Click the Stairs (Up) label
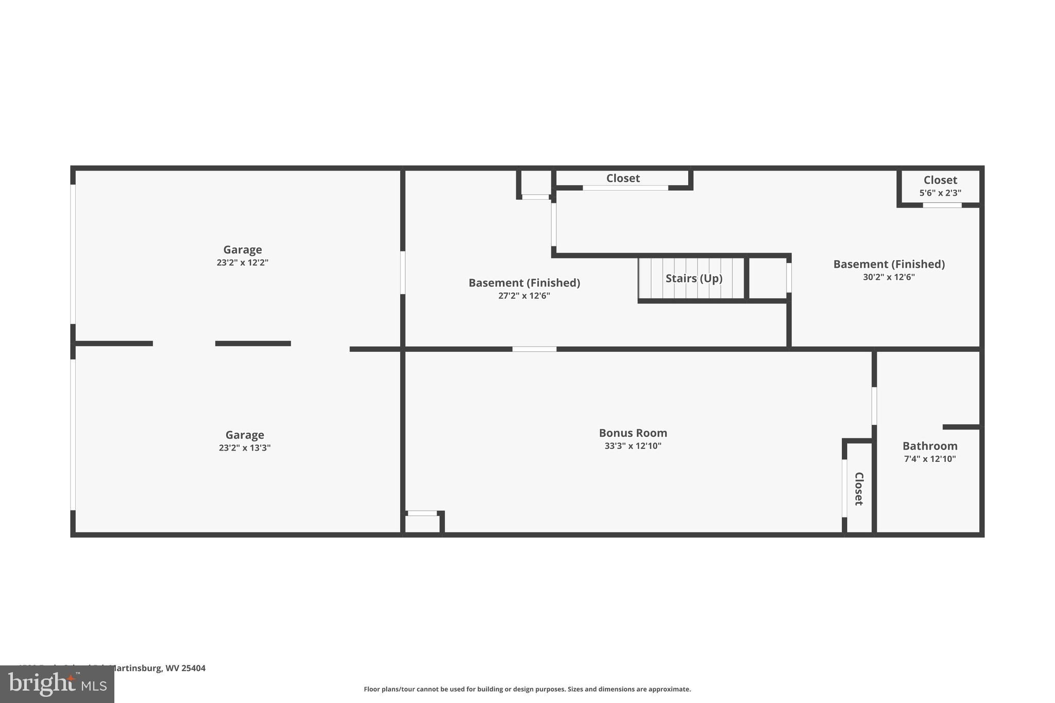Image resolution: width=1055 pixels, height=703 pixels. click(x=693, y=279)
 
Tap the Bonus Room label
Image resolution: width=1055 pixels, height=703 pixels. click(x=633, y=433)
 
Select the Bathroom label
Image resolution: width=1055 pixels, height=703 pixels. click(x=929, y=446)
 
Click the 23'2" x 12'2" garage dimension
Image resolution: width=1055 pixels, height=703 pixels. click(x=242, y=263)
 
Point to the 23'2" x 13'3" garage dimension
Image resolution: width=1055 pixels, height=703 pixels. click(x=244, y=448)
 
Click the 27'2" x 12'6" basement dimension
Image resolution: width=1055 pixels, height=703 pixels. click(x=524, y=296)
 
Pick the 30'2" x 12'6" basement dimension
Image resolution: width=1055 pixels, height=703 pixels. click(x=889, y=277)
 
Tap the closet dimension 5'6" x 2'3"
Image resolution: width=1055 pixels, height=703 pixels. click(x=940, y=193)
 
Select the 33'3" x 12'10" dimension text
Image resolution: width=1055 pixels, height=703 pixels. click(x=633, y=446)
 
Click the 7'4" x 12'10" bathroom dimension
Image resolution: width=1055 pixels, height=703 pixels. click(x=929, y=459)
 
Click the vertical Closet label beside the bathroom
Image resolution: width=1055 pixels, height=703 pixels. click(x=859, y=488)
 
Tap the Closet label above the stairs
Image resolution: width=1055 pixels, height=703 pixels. click(x=623, y=178)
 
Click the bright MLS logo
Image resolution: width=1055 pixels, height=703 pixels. click(x=57, y=684)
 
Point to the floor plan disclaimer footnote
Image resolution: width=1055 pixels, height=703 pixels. click(x=527, y=689)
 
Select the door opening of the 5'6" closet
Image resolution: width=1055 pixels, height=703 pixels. click(x=942, y=205)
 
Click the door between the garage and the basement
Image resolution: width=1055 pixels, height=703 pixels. click(x=402, y=272)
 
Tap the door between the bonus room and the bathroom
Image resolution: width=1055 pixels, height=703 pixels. click(x=874, y=406)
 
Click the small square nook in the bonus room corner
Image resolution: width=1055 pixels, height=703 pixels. click(x=422, y=524)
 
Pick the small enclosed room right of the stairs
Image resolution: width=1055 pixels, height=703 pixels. click(x=767, y=278)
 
